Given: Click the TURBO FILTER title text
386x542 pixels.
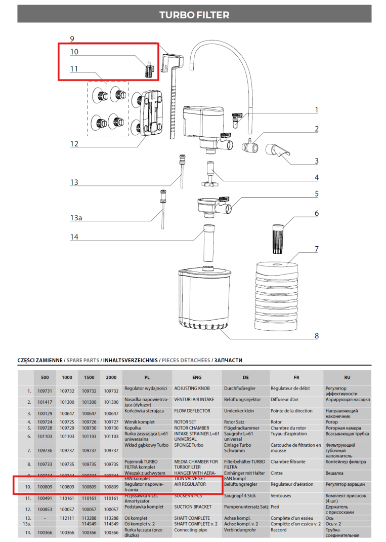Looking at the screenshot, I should (194, 15).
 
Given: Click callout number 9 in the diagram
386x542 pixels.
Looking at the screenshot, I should (72, 39).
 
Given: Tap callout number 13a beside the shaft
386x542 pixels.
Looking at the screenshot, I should (75, 218).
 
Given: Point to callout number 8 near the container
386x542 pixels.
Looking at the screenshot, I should (316, 335).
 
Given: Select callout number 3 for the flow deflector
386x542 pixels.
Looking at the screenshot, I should (316, 161).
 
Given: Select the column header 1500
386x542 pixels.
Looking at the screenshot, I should (89, 377).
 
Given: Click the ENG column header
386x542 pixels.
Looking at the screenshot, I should (197, 377).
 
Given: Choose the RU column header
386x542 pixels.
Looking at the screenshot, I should (347, 377).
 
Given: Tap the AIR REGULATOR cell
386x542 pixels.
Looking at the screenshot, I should (190, 485).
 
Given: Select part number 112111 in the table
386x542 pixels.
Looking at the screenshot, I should (67, 518).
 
